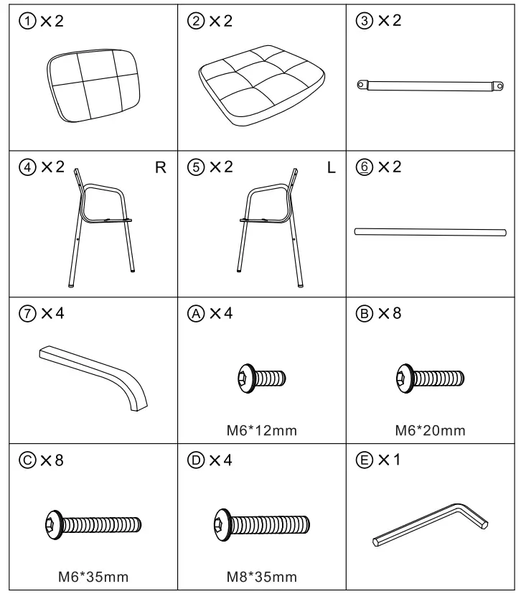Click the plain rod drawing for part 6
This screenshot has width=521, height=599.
coord(430,231)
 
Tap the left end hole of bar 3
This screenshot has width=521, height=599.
coord(361,85)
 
